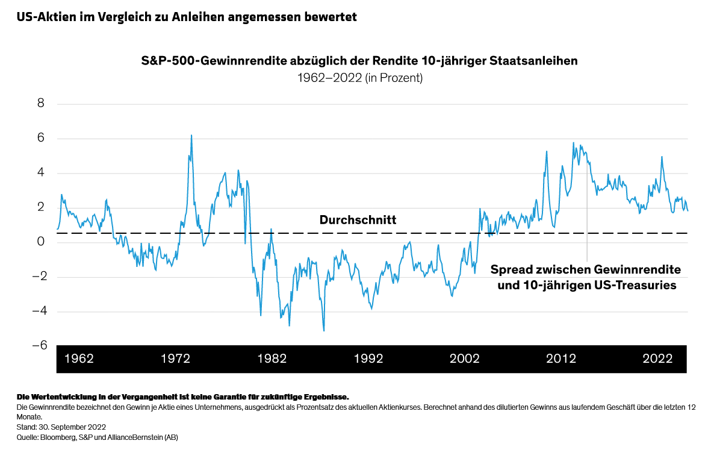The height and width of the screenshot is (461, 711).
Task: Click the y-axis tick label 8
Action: [x=41, y=104]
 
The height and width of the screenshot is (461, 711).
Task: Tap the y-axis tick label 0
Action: [x=41, y=242]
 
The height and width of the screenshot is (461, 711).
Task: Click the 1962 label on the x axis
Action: [x=79, y=359]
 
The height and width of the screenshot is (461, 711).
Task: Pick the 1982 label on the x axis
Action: [x=272, y=359]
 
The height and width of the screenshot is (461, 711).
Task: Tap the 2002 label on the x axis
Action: [x=464, y=359]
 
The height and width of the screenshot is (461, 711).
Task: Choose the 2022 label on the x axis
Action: [x=657, y=359]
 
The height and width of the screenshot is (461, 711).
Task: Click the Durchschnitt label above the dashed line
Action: [x=358, y=221]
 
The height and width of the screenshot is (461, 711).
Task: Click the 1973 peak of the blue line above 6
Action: [x=191, y=136]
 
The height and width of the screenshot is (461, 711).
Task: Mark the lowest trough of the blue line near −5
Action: [x=324, y=330]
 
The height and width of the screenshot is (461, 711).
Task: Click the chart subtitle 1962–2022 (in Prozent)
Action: [x=359, y=78]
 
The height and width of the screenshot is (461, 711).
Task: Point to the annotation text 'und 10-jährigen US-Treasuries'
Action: [x=586, y=286]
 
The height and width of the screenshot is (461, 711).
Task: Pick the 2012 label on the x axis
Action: [x=560, y=359]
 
